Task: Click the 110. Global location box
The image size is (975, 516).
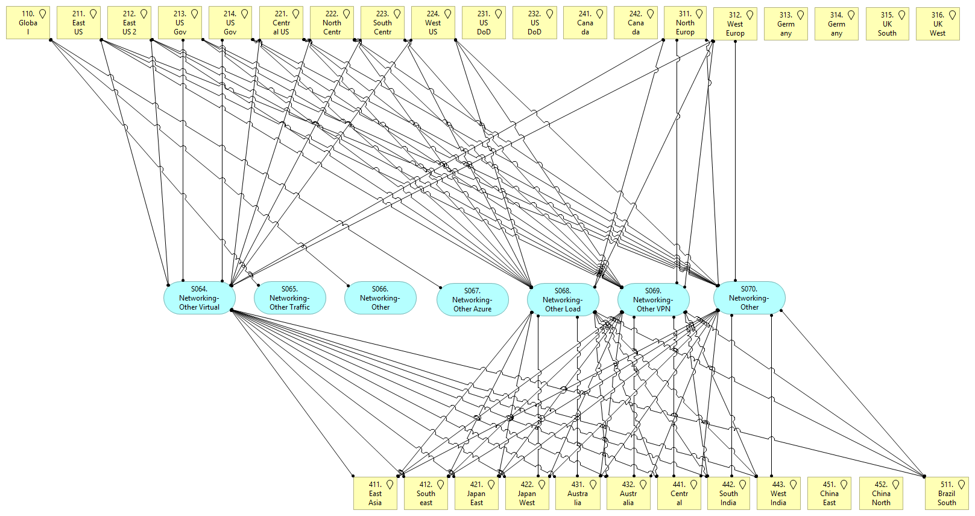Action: tap(28, 23)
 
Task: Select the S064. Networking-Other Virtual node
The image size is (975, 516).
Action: tap(199, 298)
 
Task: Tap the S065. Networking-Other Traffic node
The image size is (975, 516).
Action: tap(289, 298)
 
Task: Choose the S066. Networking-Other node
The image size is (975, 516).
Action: tap(380, 298)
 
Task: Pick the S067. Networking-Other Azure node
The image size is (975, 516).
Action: tap(472, 300)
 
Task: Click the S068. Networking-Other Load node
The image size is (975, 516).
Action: tap(563, 300)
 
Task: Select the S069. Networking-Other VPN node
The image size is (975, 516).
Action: tap(653, 300)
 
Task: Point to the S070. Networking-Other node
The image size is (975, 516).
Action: tap(749, 298)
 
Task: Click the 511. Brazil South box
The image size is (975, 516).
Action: tap(946, 493)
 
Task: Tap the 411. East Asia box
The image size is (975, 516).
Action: tap(375, 493)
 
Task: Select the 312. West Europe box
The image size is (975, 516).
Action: tap(734, 24)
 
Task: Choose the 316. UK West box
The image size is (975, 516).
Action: tap(937, 24)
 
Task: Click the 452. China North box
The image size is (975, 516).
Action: tap(880, 493)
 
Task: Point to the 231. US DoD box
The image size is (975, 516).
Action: tap(484, 23)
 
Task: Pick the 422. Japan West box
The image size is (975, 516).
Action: tap(526, 493)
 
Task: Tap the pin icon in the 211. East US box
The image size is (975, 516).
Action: tap(93, 14)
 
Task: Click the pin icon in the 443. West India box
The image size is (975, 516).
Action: tap(794, 484)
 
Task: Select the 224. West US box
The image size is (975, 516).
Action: tap(433, 23)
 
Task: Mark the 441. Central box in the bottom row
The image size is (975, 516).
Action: tap(679, 493)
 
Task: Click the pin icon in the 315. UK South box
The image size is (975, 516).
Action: tap(901, 15)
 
